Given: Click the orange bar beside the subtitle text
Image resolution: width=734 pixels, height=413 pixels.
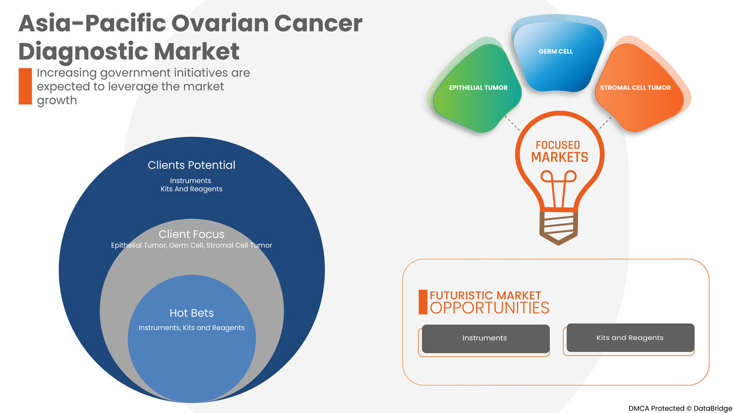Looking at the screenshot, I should pyautogui.click(x=25, y=86).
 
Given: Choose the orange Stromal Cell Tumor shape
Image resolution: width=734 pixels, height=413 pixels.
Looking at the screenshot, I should pyautogui.click(x=636, y=92).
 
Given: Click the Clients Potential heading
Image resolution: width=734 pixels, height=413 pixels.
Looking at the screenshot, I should pyautogui.click(x=191, y=165).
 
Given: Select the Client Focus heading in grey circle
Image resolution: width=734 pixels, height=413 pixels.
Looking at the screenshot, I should pyautogui.click(x=191, y=234).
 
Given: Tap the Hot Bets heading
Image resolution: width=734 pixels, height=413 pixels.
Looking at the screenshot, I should pyautogui.click(x=191, y=313).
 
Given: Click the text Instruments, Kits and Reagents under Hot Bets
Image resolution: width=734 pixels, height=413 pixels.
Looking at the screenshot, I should pyautogui.click(x=191, y=328).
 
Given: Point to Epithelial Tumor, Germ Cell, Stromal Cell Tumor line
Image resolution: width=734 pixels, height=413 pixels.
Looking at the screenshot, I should pyautogui.click(x=191, y=245).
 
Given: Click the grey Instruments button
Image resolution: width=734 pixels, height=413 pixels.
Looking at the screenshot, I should pyautogui.click(x=485, y=338).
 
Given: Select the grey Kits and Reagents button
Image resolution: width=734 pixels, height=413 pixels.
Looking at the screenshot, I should pyautogui.click(x=630, y=338).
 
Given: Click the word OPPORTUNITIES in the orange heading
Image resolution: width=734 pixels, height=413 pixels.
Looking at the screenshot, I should pyautogui.click(x=489, y=307).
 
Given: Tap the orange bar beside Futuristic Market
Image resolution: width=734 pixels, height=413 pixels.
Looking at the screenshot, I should pyautogui.click(x=423, y=302).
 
